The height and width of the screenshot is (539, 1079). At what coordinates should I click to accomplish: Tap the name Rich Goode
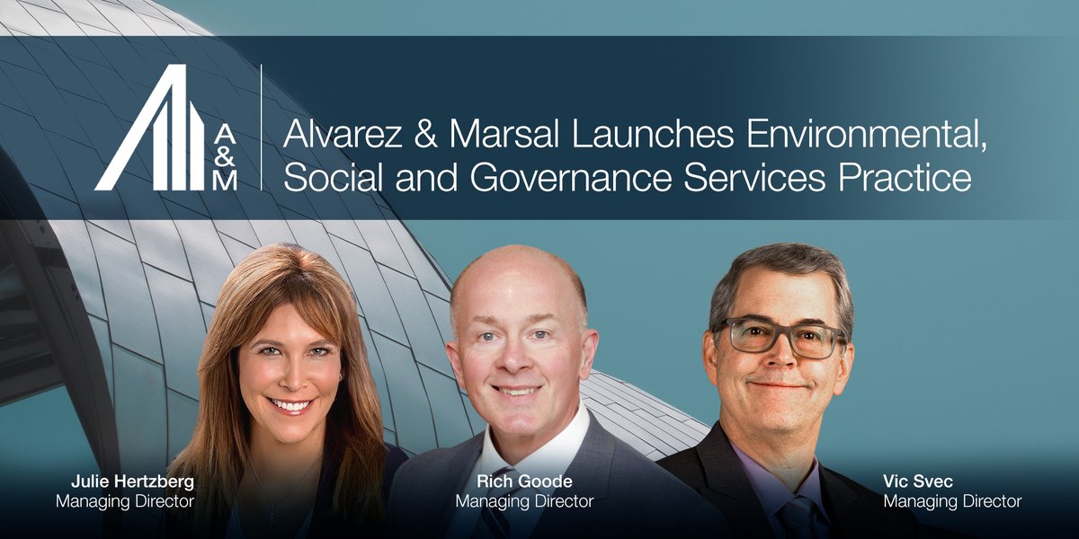pos(524,482)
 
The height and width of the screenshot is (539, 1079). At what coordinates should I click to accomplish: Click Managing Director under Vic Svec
pos(952,501)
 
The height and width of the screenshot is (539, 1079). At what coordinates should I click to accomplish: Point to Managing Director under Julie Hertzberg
pos(124,501)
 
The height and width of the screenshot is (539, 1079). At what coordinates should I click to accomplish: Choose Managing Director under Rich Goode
pos(524,501)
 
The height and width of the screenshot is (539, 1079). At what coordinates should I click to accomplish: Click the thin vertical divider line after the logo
pos(262,127)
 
